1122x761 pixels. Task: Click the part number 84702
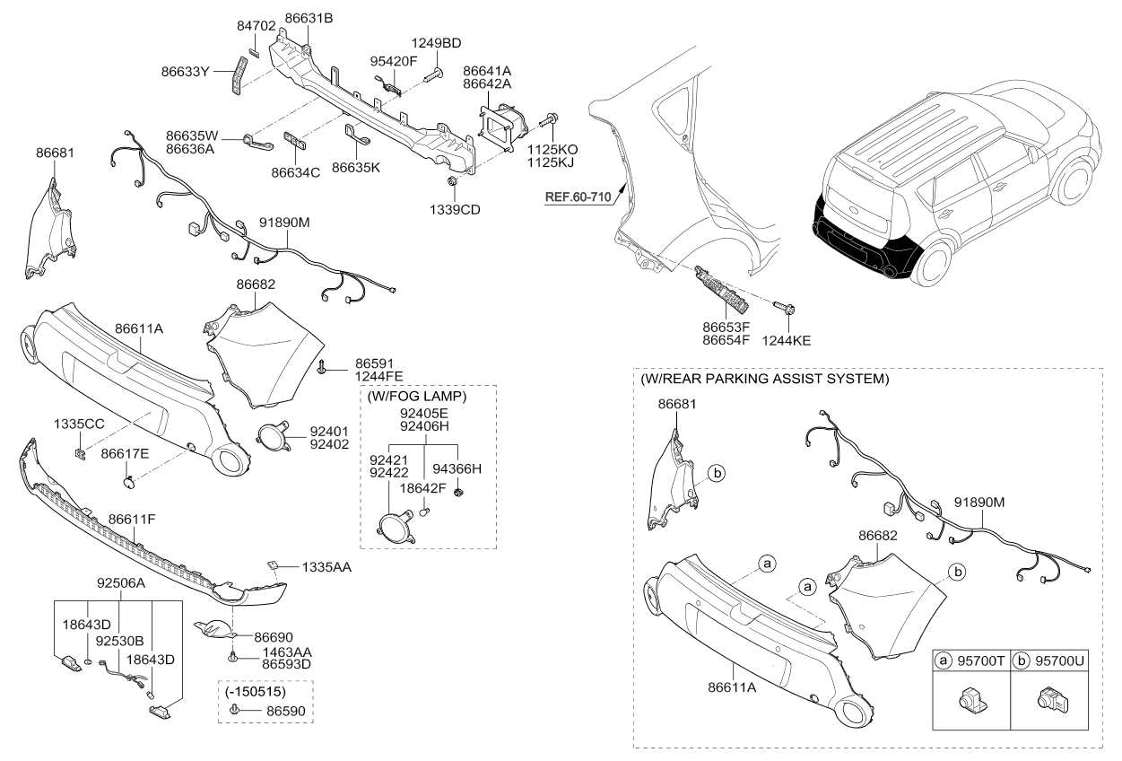click(x=256, y=26)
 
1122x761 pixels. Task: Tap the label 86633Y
click(x=185, y=72)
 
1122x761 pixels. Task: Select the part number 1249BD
click(x=436, y=43)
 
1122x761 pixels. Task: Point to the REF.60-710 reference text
click(x=578, y=197)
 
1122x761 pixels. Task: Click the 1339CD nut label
click(x=455, y=210)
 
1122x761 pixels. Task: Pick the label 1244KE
click(x=786, y=341)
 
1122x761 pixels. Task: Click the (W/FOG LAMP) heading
click(x=417, y=397)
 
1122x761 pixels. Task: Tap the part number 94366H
click(x=457, y=468)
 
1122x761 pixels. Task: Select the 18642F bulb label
click(x=422, y=488)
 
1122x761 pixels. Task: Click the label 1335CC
click(x=79, y=424)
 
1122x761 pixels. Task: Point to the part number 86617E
click(x=125, y=454)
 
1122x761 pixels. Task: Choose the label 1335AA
click(x=326, y=567)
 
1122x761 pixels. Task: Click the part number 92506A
click(x=121, y=583)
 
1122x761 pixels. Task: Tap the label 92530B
click(x=119, y=641)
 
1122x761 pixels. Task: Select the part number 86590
click(x=285, y=711)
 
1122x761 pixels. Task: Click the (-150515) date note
click(x=256, y=692)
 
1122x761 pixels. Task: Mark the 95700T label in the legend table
click(x=981, y=661)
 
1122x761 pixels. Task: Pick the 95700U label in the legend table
click(x=1059, y=661)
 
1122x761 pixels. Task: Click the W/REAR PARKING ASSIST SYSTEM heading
click(x=765, y=379)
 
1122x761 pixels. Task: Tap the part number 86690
click(x=274, y=637)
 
